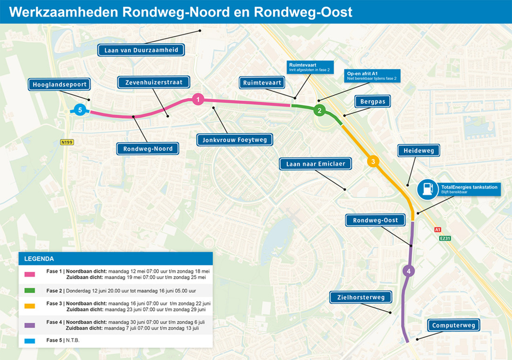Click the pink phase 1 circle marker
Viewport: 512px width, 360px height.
(198, 99)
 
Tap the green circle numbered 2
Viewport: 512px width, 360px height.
(319, 110)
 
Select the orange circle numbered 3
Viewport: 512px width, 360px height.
(372, 161)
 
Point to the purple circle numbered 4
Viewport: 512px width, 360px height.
(408, 271)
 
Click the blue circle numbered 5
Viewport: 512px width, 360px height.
(80, 110)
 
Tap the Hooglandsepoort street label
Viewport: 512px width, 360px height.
(60, 85)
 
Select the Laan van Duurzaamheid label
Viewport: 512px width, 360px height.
(141, 50)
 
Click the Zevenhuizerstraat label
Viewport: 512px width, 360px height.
(154, 82)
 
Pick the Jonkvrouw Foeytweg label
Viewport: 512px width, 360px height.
(235, 139)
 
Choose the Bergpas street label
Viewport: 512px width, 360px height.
(372, 101)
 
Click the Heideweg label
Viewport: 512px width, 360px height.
(418, 150)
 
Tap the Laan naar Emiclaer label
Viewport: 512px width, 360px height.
(315, 164)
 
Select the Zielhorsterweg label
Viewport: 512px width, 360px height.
(361, 297)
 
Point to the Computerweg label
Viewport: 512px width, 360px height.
(453, 325)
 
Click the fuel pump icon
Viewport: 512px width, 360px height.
(427, 190)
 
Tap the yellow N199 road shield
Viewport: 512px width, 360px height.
(67, 142)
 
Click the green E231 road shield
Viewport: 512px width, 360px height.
(445, 238)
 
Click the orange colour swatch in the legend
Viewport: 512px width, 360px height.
(30, 307)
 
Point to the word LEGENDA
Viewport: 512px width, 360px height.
(39, 259)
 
